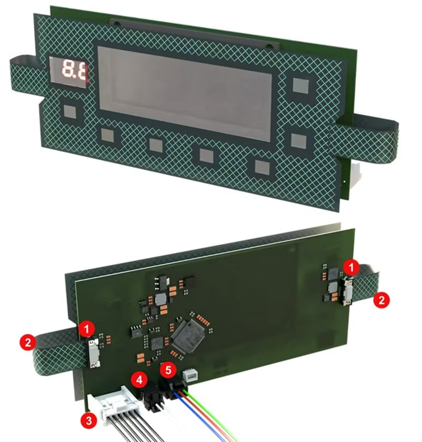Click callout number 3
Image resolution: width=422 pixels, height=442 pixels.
pos(88,420)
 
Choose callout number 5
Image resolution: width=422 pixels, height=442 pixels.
pos(168,371)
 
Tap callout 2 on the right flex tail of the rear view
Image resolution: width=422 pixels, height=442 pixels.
pos(381,300)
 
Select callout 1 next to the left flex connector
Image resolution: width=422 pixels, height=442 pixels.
pos(88,331)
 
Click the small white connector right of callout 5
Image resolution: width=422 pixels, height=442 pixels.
pos(189,375)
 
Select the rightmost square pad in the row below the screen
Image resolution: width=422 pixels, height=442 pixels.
pos(262,168)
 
